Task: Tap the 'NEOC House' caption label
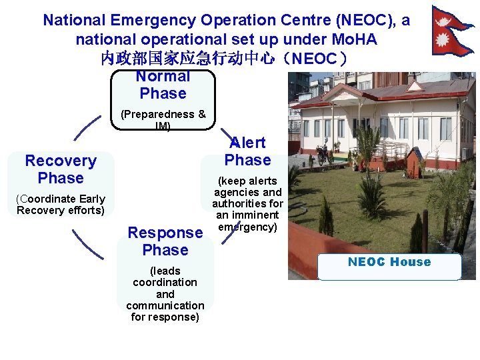[x=389, y=262]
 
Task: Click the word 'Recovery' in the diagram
[x=61, y=161]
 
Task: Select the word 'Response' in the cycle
[x=165, y=233]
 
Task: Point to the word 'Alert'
[x=248, y=143]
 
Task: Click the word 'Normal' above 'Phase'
[x=163, y=77]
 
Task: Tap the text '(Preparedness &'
[x=163, y=115]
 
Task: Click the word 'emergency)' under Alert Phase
[x=247, y=227]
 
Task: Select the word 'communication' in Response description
[x=165, y=305]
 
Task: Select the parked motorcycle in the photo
[x=323, y=154]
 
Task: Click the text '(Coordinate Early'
[x=61, y=199]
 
